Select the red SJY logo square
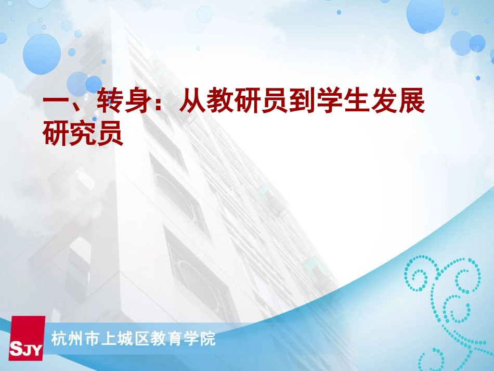(x=27, y=338)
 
